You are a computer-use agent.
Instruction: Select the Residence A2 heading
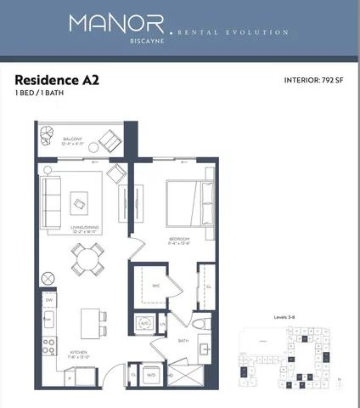(x=55, y=81)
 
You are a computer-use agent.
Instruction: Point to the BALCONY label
(x=74, y=139)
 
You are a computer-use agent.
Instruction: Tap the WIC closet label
(x=156, y=286)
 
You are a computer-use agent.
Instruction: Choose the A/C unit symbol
(x=144, y=324)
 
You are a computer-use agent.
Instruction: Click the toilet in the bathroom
(x=198, y=323)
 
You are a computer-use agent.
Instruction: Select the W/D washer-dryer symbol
(x=151, y=374)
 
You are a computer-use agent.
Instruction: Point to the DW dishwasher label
(x=50, y=301)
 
